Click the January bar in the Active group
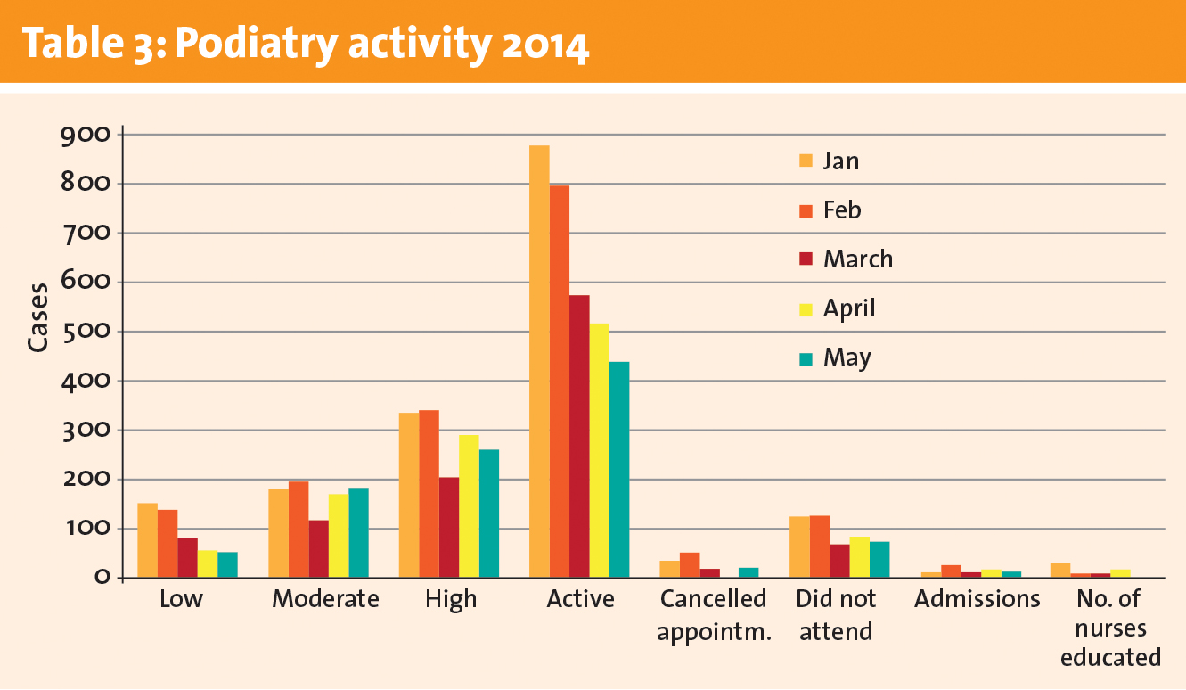click(539, 361)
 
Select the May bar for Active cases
click(619, 469)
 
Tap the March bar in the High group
click(448, 528)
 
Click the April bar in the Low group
click(207, 564)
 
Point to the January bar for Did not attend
click(799, 547)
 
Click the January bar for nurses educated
click(1060, 571)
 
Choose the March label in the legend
click(857, 259)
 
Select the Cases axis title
click(37, 317)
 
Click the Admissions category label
click(977, 599)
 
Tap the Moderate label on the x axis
click(325, 599)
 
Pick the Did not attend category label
click(836, 614)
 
